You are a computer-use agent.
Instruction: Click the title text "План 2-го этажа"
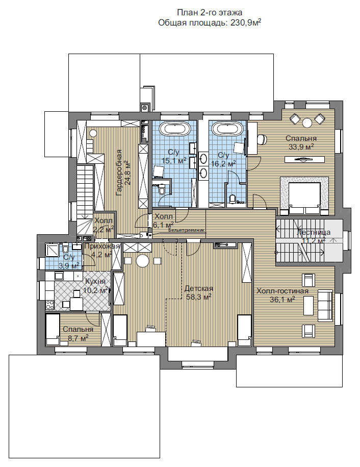coord(210,13)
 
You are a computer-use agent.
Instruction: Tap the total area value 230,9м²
coord(246,22)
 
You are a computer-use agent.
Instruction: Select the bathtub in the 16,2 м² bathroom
coord(227,129)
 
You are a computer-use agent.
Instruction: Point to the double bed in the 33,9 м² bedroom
coord(304,198)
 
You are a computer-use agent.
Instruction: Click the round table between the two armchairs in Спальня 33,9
coord(307,122)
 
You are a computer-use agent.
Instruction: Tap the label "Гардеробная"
coord(119,173)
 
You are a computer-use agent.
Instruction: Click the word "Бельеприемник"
coord(187,230)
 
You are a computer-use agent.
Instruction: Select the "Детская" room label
coord(199,288)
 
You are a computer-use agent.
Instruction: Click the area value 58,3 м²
coord(199,297)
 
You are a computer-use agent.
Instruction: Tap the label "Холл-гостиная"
coord(282,291)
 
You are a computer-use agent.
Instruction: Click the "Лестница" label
coord(314,232)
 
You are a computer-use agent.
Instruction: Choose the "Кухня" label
coord(95,281)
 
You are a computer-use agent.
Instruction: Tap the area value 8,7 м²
coord(76,338)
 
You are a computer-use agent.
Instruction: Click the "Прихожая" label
coord(102,247)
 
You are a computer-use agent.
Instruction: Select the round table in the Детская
coord(142,261)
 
